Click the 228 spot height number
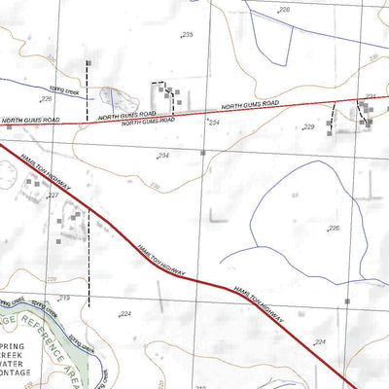point(285,10)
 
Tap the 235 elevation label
point(188,35)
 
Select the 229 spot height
point(309,127)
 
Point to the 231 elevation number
point(371,96)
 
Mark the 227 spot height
point(53,195)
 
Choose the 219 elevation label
point(65,298)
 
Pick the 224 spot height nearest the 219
point(124,314)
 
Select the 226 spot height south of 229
point(334,229)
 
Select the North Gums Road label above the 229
point(250,104)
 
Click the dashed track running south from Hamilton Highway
point(88,258)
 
